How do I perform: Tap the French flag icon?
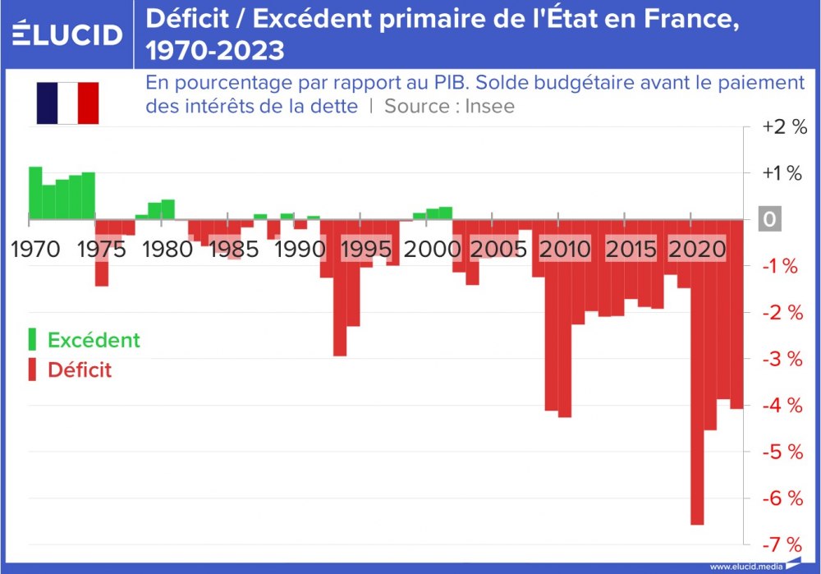coord(67,103)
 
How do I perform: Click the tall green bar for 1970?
coord(35,194)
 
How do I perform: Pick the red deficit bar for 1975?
coord(102,252)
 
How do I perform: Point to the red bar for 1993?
coord(340,287)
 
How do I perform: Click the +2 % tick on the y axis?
coord(784,127)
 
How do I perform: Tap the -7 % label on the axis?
coord(782,544)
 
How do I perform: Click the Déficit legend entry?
coord(79,370)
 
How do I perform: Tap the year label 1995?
coord(365,249)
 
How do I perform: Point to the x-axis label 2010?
coord(565,249)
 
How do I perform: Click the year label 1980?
coord(167,249)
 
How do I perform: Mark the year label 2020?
coord(698,249)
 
